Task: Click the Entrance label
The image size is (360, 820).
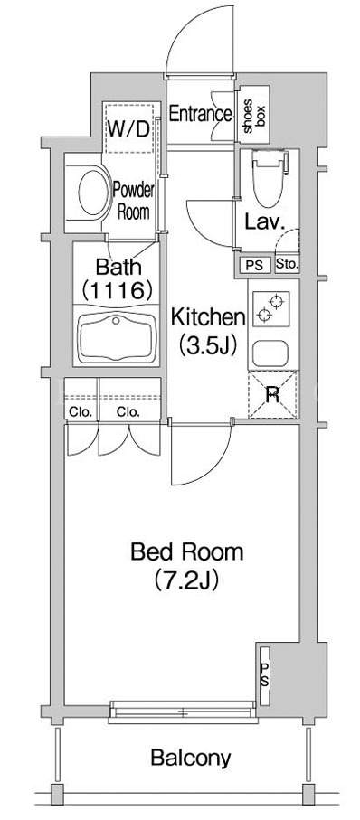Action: [201, 114]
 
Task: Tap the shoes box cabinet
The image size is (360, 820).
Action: [254, 114]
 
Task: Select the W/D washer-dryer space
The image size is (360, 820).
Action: [129, 128]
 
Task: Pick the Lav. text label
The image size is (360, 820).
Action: [265, 223]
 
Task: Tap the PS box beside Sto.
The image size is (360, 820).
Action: [256, 265]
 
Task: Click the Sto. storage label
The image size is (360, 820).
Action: [287, 265]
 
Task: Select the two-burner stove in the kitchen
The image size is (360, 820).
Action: [271, 308]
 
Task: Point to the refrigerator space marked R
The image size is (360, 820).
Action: [272, 395]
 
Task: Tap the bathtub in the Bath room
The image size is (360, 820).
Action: [118, 338]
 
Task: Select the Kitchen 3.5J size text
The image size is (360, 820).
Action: [209, 345]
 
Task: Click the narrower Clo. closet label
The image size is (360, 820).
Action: [81, 412]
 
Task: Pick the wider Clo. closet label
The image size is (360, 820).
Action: [128, 412]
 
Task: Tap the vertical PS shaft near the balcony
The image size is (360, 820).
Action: [265, 675]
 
